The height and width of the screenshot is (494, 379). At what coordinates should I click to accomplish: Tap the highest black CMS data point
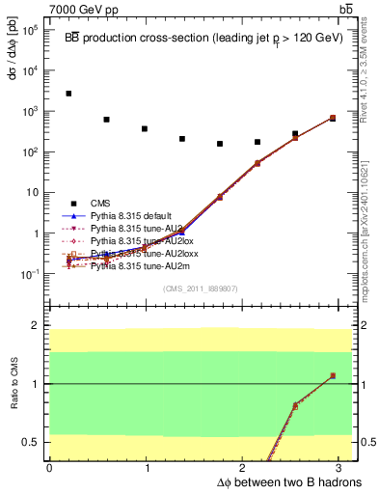click(x=68, y=94)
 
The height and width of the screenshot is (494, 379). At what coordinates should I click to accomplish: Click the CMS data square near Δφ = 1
click(x=144, y=128)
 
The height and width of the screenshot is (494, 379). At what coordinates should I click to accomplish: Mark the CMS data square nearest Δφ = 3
click(x=333, y=118)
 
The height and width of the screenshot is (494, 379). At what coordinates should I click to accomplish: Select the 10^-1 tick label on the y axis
click(x=30, y=274)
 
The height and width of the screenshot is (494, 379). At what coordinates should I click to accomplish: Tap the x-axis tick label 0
click(x=49, y=468)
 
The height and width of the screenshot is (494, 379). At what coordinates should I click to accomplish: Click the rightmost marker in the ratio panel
click(x=333, y=375)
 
